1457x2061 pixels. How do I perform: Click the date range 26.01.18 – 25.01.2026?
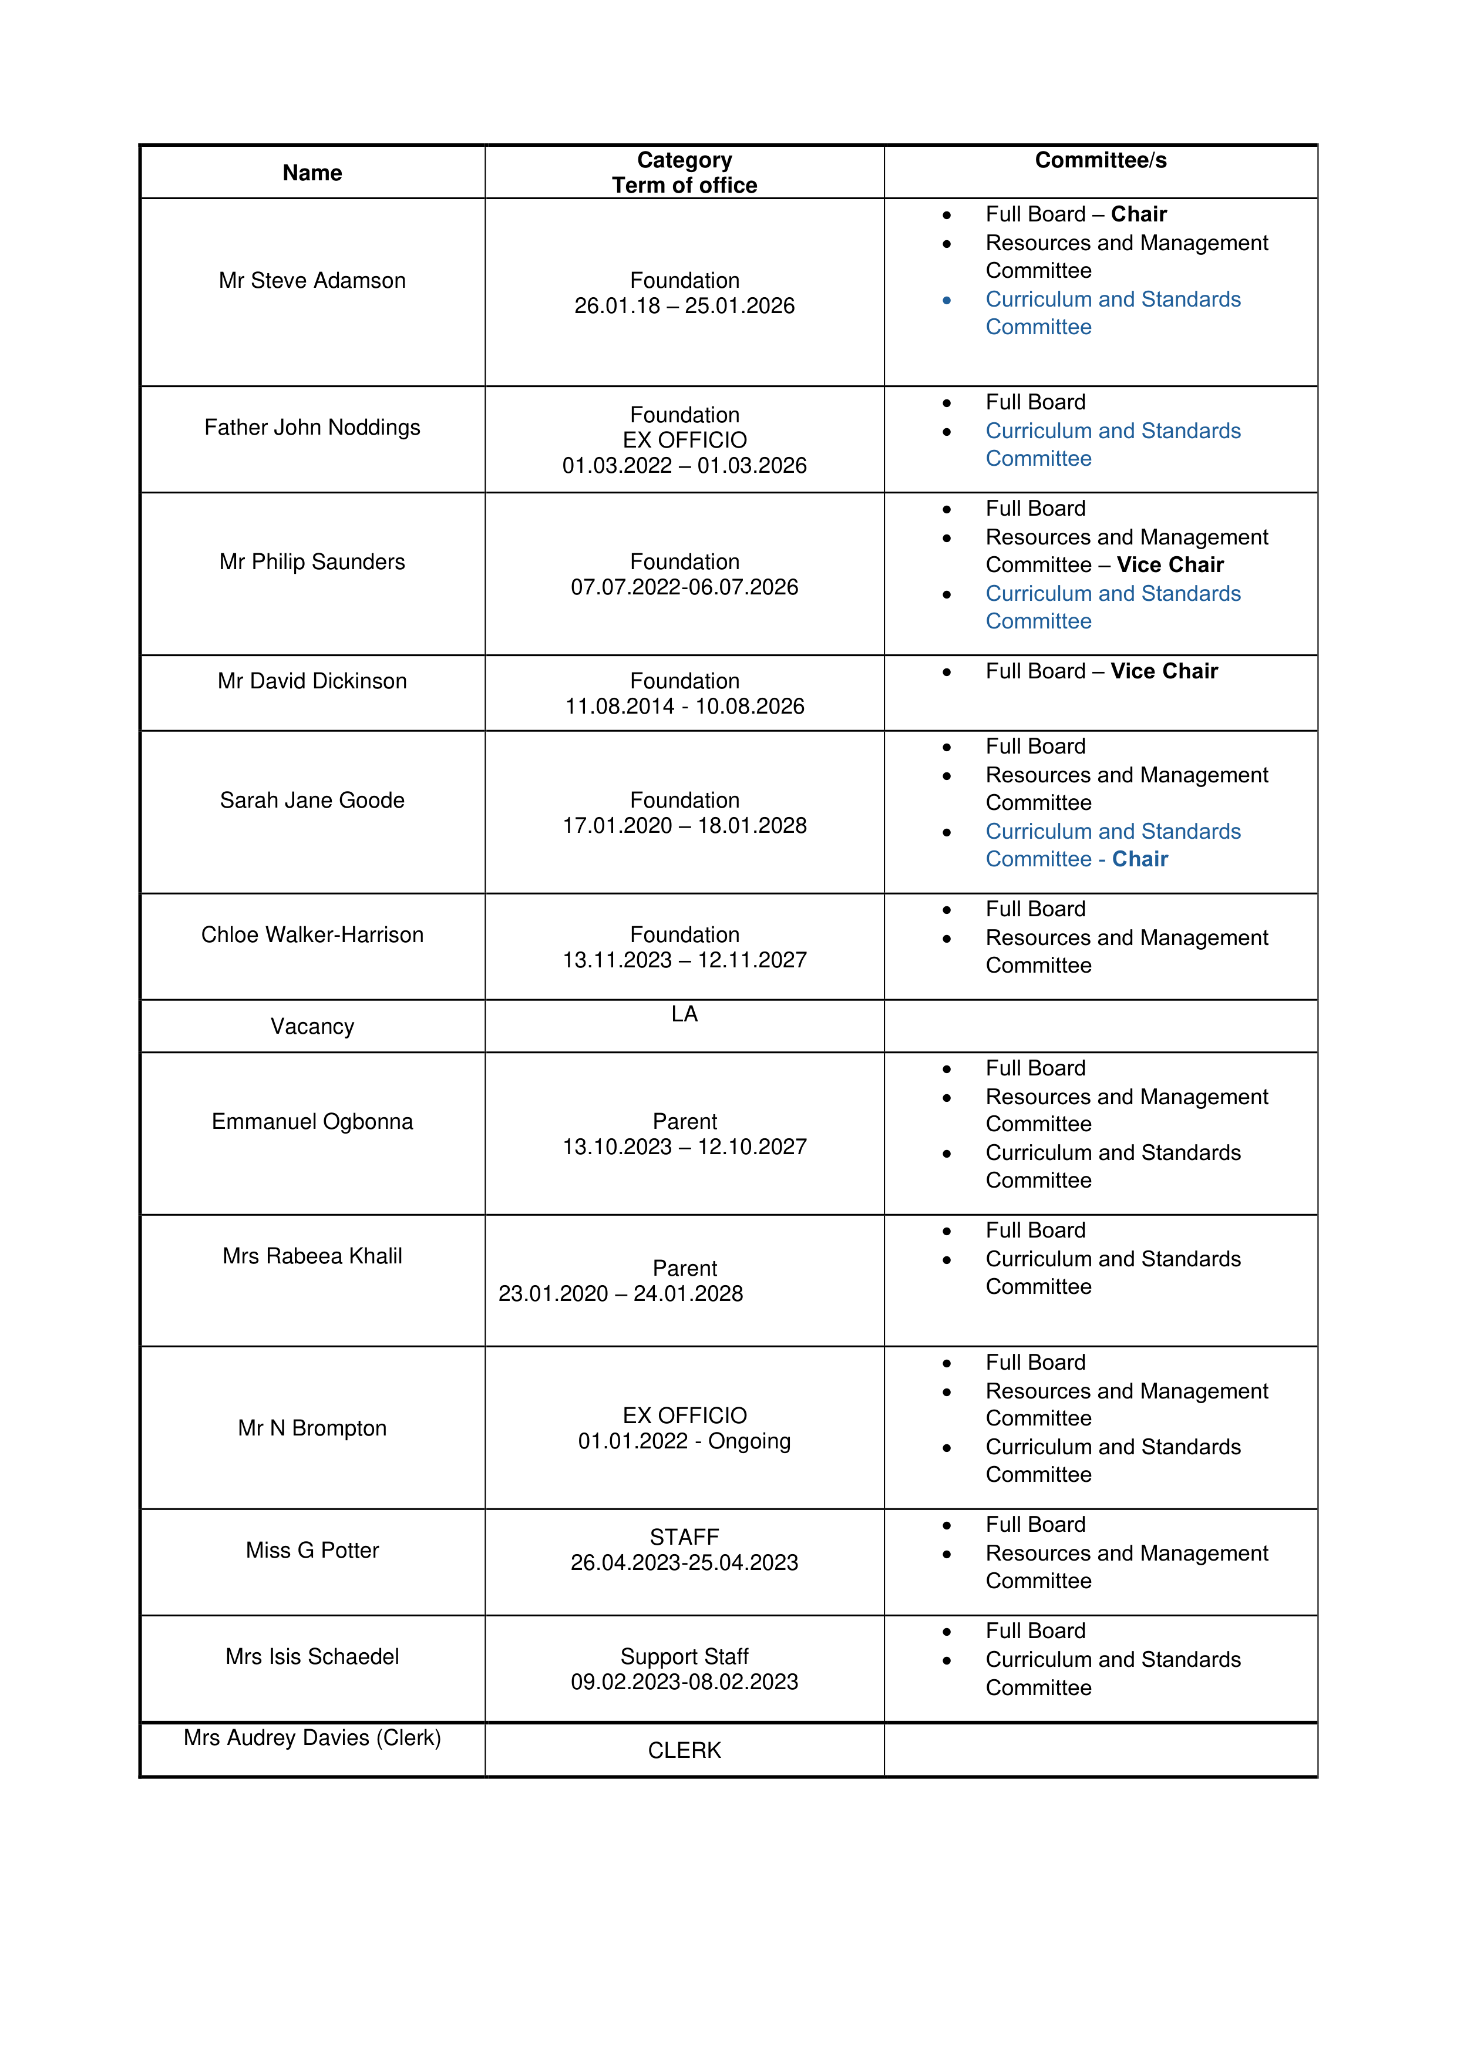[x=684, y=305]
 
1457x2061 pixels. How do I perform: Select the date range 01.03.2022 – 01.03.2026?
[x=684, y=465]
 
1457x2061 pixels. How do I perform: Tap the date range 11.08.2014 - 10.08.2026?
[x=684, y=707]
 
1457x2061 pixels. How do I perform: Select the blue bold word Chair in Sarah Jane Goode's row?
[x=1139, y=859]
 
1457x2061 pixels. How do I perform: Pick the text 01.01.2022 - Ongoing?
[x=684, y=1441]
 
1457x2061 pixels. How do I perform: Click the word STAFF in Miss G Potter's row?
[x=684, y=1536]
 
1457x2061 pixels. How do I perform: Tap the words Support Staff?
[x=684, y=1656]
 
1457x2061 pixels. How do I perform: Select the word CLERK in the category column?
[x=684, y=1750]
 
